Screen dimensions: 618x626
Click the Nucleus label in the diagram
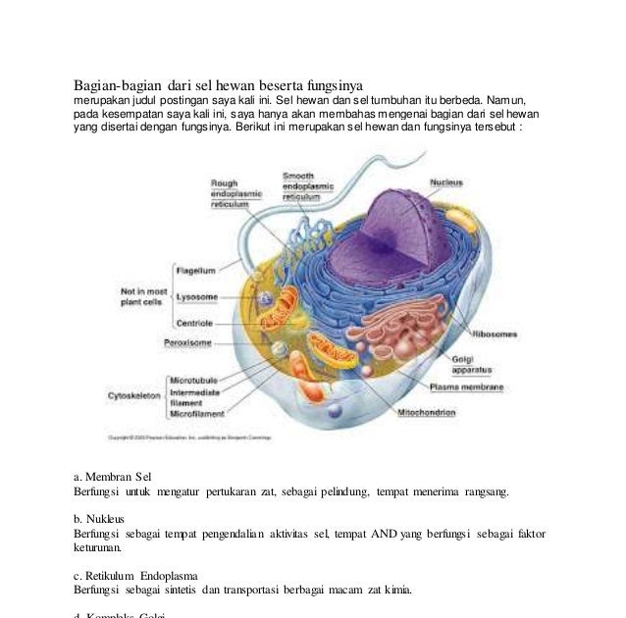446,181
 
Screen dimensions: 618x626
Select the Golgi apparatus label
470,364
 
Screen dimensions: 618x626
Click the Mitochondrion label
425,413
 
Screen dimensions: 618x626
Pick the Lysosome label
196,296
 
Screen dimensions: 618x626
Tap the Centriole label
194,323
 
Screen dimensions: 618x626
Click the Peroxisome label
186,343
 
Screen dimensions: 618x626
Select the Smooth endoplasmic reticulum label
307,185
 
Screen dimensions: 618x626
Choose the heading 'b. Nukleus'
104,518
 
